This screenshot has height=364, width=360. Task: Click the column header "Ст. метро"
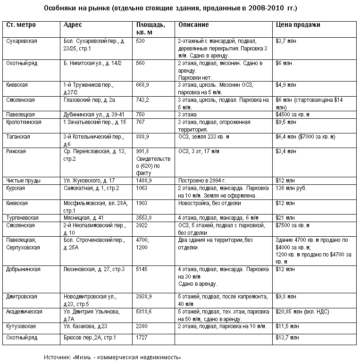pos(21,25)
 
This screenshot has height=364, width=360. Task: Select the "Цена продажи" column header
pos(298,25)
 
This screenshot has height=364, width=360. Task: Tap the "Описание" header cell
pos(191,25)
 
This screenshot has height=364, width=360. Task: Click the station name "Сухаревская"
pos(22,41)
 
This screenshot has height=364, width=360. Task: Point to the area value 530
pos(140,41)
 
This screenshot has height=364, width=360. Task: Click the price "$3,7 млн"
pos(286,41)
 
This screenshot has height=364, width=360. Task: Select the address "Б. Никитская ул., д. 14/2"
pos(92,63)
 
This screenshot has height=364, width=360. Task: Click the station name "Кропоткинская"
pos(24,122)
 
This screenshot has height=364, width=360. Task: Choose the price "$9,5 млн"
pos(286,122)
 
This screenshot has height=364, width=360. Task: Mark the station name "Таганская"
pos(18,137)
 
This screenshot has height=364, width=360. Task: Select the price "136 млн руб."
pos(290,188)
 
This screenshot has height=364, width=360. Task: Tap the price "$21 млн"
pos(285,217)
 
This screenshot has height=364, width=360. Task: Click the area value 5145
pos(142,269)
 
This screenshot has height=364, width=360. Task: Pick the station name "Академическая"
pos(24,312)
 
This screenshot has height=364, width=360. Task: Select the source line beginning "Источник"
pos(113,357)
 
